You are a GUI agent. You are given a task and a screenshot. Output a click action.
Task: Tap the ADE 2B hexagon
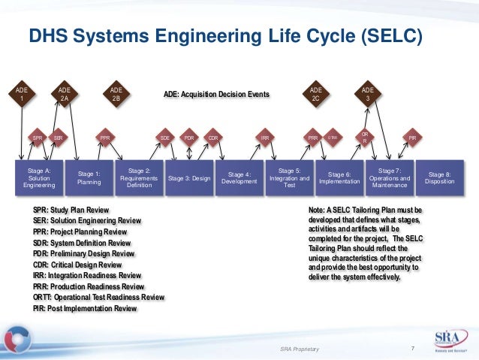tap(116, 95)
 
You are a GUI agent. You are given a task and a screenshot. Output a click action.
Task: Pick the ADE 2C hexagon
tap(315, 95)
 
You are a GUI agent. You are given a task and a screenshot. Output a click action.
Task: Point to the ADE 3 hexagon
tap(367, 95)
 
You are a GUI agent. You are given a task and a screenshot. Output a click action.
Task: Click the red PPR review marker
tap(106, 138)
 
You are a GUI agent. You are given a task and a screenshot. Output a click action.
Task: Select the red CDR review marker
tap(213, 138)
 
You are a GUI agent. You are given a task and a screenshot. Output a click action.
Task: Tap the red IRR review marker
tap(265, 138)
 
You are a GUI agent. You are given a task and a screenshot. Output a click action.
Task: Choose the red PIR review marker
tap(411, 138)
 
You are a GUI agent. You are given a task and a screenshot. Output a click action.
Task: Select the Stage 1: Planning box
tap(89, 177)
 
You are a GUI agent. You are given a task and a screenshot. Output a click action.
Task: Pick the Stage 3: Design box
tap(189, 179)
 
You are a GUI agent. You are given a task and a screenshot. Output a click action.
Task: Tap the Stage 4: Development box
tap(239, 177)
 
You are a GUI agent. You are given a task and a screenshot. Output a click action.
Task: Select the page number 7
tap(413, 347)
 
